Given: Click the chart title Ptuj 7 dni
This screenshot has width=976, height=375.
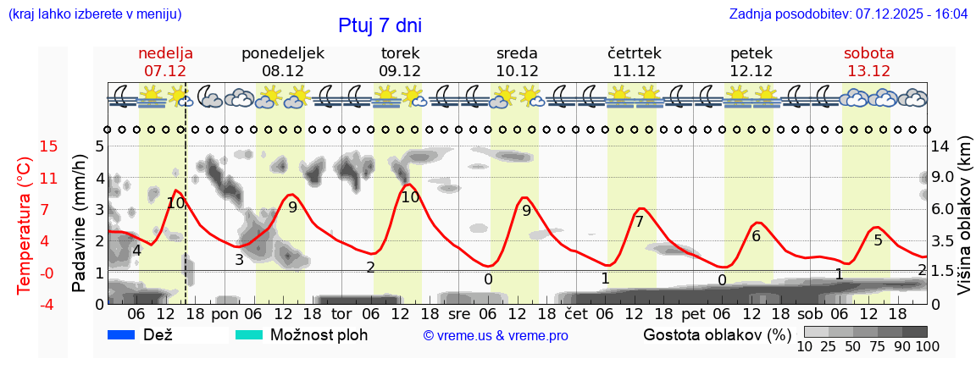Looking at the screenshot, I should point(380,25).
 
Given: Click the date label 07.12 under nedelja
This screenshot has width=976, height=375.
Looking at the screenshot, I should point(165,71).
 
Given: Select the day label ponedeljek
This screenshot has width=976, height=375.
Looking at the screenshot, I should point(283,53).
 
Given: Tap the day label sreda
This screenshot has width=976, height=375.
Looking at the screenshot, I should point(517,53).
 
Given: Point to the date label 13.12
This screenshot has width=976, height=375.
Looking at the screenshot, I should point(868,71).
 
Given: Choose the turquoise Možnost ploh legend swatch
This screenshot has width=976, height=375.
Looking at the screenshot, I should point(250,335).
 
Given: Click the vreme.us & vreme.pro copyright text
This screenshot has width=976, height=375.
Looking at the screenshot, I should point(496,336).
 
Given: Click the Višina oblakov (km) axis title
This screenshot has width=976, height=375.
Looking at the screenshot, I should point(964,224).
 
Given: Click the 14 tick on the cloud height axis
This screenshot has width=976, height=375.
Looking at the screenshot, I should point(940,146).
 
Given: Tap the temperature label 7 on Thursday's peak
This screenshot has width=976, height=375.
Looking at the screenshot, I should point(639,222).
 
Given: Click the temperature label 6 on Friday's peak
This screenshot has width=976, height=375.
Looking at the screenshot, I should point(756,236).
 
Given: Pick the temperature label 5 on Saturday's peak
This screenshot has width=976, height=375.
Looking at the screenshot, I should point(878,240).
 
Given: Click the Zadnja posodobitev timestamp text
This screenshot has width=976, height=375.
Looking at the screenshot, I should point(848,14).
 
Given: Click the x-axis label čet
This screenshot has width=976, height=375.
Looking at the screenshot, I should point(577,314).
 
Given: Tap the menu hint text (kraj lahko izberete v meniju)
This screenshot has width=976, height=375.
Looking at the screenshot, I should point(94,14).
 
